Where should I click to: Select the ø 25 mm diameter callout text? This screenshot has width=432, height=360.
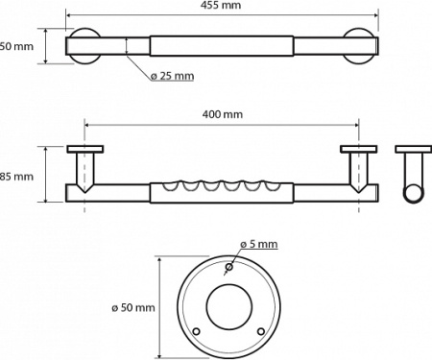[174, 76]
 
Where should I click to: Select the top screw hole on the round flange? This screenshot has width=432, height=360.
[228, 266]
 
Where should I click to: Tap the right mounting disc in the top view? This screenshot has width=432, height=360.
[363, 45]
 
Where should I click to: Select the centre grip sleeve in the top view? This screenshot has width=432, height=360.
[221, 46]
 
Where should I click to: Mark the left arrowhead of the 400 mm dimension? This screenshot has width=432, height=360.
[88, 123]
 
